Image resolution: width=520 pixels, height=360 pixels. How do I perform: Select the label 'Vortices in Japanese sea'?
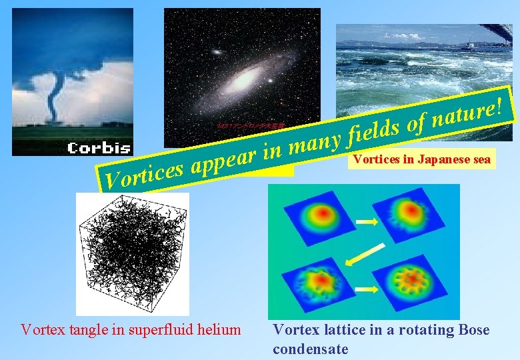(x=422, y=159)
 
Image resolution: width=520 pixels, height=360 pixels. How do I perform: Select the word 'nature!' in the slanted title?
(x=467, y=111)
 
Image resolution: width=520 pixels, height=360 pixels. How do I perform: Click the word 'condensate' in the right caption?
(x=310, y=349)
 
